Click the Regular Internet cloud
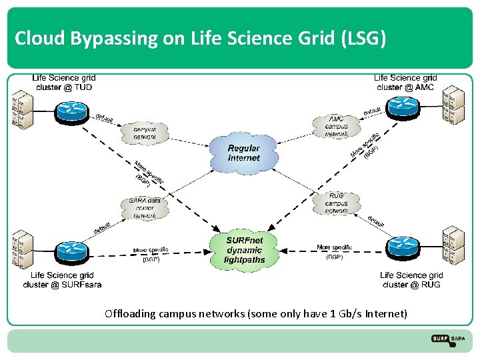[x=243, y=155]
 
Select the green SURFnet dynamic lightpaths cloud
[x=245, y=250]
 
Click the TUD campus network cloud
[x=145, y=131]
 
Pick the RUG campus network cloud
[x=337, y=203]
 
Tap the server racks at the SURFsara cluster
[x=21, y=249]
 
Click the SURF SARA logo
[x=448, y=339]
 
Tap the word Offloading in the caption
[x=130, y=313]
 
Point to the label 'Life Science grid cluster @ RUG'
[x=411, y=280]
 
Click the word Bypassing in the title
[x=107, y=39]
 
